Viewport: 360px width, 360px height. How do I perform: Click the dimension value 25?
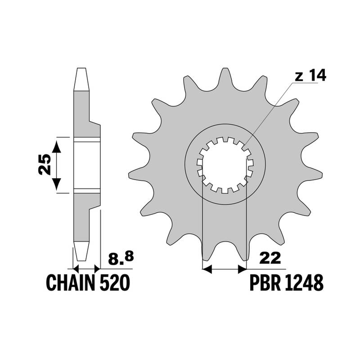click(45, 164)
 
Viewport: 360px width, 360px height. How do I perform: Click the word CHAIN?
click(71, 283)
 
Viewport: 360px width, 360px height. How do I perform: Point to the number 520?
click(115, 283)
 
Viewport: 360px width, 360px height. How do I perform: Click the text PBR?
click(265, 283)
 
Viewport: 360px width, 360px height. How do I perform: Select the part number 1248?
click(304, 283)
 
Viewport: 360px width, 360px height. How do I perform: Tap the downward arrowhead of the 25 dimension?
click(57, 184)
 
